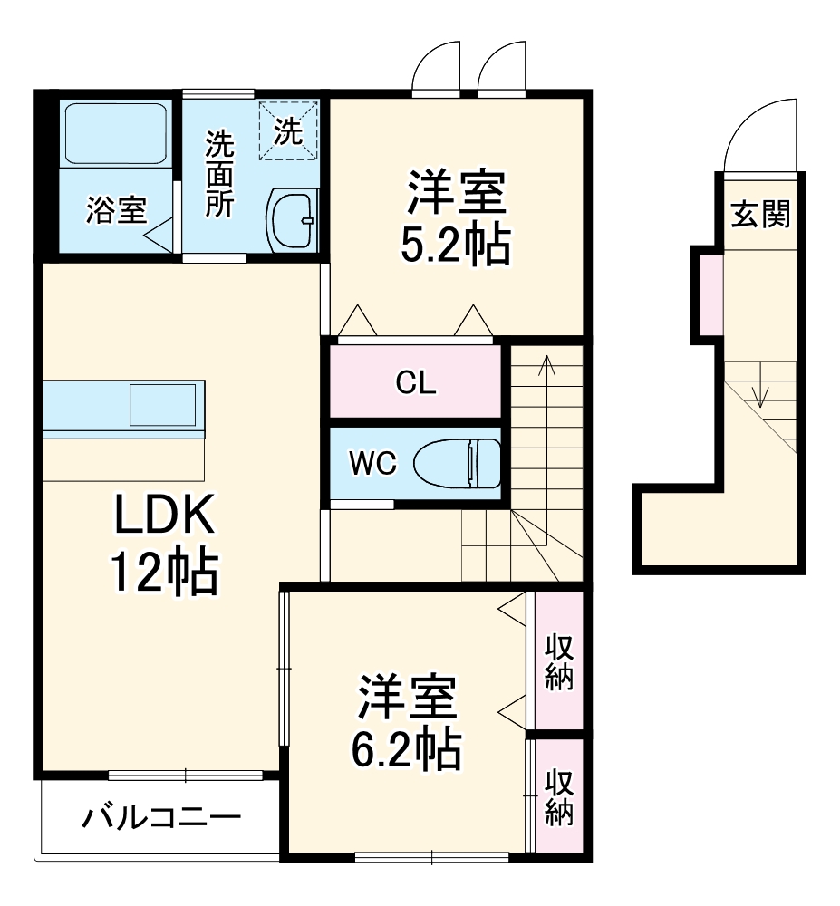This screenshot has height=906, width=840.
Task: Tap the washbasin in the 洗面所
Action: [x=292, y=220]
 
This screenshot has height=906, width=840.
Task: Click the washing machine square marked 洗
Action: [x=289, y=131]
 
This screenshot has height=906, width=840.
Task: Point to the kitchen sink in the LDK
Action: [x=163, y=404]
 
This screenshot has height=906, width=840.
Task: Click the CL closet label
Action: [x=416, y=383]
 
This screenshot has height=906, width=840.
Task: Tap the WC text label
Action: [x=372, y=464]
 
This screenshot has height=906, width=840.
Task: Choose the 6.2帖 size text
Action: [x=407, y=748]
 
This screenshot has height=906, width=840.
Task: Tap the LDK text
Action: [x=164, y=518]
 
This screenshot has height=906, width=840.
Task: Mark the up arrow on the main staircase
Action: [x=546, y=364]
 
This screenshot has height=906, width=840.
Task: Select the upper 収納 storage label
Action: [x=559, y=662]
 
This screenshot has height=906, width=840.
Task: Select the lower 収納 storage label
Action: [x=559, y=797]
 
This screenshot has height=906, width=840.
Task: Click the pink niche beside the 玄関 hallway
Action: [x=711, y=294]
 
